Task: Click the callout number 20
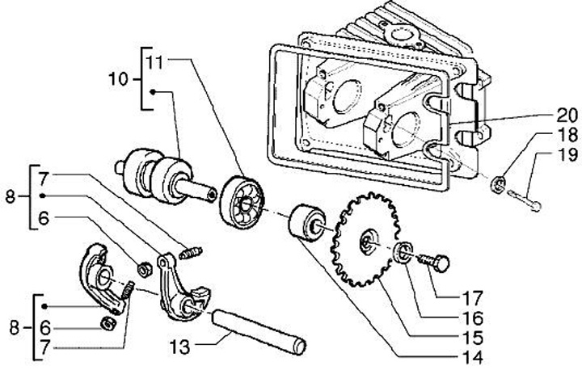[x=567, y=116]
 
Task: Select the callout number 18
[x=567, y=135]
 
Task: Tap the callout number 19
[x=567, y=154]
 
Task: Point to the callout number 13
[x=179, y=347]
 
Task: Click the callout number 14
[x=473, y=357]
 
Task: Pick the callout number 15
[x=473, y=338]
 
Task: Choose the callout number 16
[x=473, y=318]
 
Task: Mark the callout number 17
[x=473, y=298]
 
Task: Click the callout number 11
[x=154, y=62]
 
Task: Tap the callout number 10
[x=118, y=79]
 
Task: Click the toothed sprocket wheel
[x=365, y=240]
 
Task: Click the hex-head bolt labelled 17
[x=434, y=262]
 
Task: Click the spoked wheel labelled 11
[x=242, y=202]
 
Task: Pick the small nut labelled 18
[x=499, y=184]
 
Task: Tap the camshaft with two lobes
[x=165, y=177]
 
